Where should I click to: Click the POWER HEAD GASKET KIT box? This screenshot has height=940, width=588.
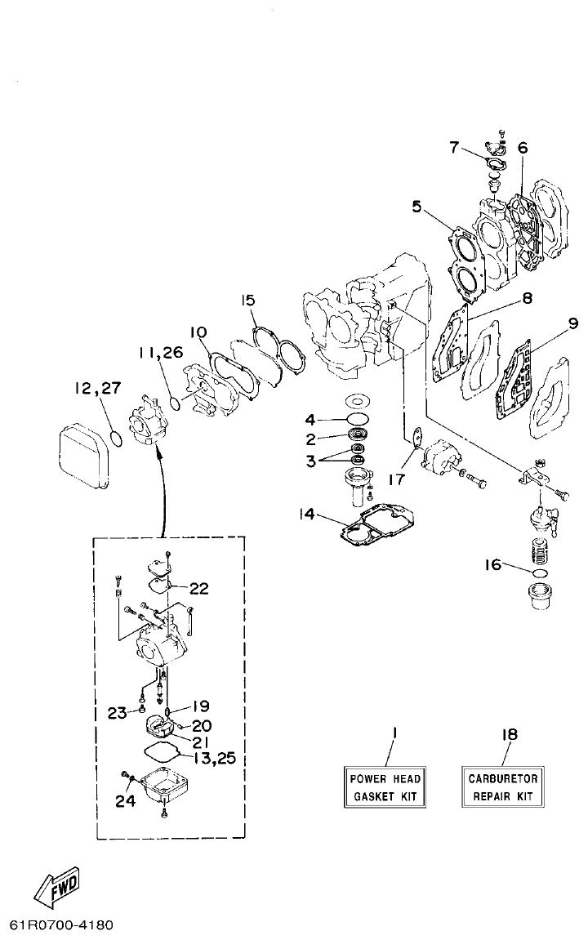[x=384, y=786]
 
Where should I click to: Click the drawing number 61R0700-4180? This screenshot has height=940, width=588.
[x=61, y=926]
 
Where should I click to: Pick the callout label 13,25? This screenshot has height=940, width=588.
[x=215, y=758]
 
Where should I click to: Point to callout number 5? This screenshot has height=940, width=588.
[x=416, y=207]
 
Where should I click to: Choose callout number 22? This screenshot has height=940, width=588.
[x=199, y=589]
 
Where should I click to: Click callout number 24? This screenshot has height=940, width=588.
[x=124, y=801]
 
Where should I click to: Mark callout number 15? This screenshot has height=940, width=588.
[x=247, y=301]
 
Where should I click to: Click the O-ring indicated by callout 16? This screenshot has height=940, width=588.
[x=537, y=575]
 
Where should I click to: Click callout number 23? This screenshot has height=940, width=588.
[x=117, y=712]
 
